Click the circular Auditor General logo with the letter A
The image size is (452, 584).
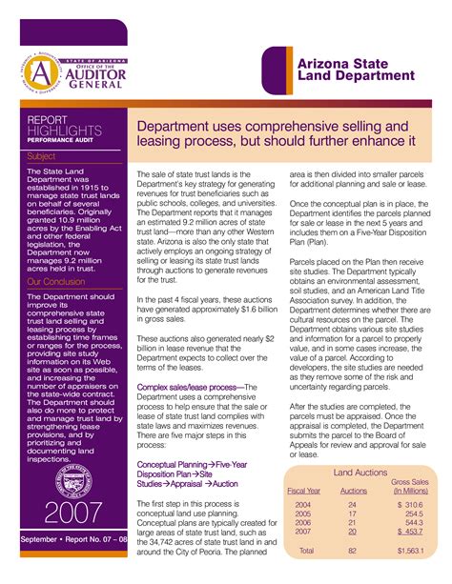tap(42, 70)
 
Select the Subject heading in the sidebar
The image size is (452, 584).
tap(43, 153)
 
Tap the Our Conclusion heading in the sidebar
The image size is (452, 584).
tap(57, 282)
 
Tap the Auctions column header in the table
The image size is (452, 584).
tap(353, 491)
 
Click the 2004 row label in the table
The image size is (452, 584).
tap(302, 505)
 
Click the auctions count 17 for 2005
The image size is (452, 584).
tap(352, 514)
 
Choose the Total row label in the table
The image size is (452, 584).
tap(305, 551)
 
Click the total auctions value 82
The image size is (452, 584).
tap(352, 551)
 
